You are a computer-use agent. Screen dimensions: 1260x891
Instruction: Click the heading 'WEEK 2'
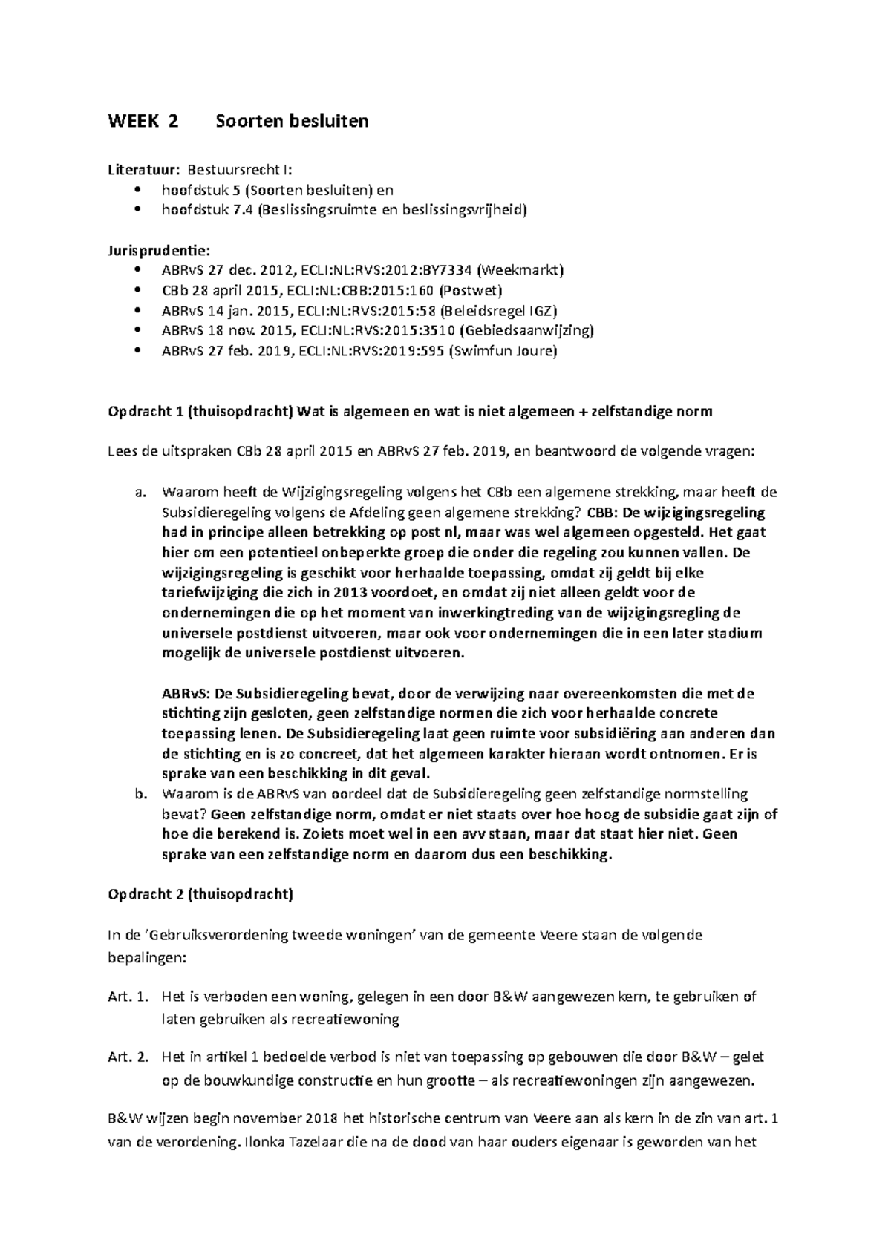[x=143, y=122]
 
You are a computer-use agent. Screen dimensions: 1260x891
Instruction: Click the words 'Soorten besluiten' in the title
[x=292, y=122]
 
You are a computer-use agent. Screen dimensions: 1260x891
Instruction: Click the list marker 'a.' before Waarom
[x=141, y=492]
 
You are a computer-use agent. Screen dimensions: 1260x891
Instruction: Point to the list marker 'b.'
[x=141, y=794]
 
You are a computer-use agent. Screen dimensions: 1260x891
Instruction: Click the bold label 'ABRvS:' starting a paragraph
[x=186, y=694]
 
